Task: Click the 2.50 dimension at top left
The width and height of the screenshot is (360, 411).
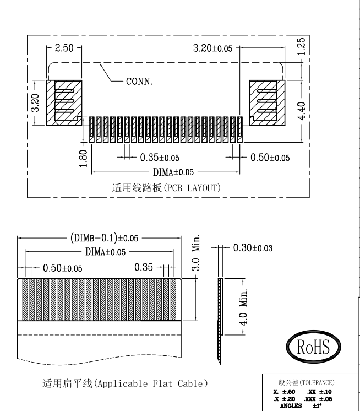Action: point(64,48)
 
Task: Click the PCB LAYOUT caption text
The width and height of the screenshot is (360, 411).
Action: point(166,187)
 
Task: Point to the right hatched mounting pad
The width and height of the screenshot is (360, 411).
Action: point(266,102)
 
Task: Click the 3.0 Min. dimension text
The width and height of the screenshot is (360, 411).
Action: point(202,255)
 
